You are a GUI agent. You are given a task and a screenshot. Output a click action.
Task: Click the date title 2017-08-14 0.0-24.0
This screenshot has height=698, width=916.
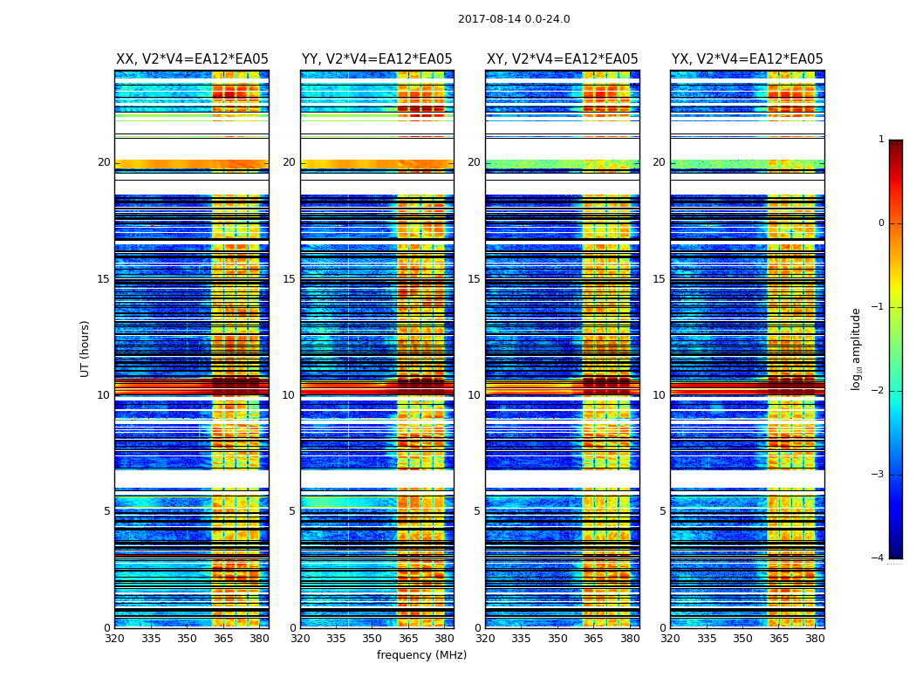pyautogui.click(x=514, y=19)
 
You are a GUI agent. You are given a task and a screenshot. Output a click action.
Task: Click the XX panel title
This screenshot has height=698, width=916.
pyautogui.click(x=192, y=59)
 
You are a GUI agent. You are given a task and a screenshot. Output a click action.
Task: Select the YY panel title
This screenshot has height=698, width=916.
pyautogui.click(x=377, y=59)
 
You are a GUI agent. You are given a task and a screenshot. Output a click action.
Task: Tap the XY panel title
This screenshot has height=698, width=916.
pyautogui.click(x=562, y=59)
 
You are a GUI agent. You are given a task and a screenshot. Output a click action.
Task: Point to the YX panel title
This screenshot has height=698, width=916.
pyautogui.click(x=747, y=59)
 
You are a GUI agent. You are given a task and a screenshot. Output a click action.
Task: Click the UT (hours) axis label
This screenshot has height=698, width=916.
pyautogui.click(x=85, y=348)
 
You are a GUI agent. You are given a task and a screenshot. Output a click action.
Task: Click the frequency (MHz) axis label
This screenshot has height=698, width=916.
pyautogui.click(x=421, y=655)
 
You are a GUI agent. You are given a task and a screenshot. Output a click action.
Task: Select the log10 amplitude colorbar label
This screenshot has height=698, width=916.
pyautogui.click(x=857, y=348)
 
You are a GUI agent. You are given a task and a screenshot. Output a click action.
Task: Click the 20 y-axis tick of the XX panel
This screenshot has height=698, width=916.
pyautogui.click(x=104, y=162)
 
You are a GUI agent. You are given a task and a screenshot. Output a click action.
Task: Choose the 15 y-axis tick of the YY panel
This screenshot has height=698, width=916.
pyautogui.click(x=289, y=279)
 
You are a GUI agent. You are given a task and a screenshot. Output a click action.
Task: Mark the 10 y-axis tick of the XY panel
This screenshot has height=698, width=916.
pyautogui.click(x=474, y=395)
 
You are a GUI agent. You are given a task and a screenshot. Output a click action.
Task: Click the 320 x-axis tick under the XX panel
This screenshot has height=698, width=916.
pyautogui.click(x=114, y=639)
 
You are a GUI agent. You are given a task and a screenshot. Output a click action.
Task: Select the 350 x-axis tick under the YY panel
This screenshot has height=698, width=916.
pyautogui.click(x=373, y=639)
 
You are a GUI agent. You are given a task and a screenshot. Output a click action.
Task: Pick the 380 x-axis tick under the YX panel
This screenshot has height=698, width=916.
pyautogui.click(x=815, y=639)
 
